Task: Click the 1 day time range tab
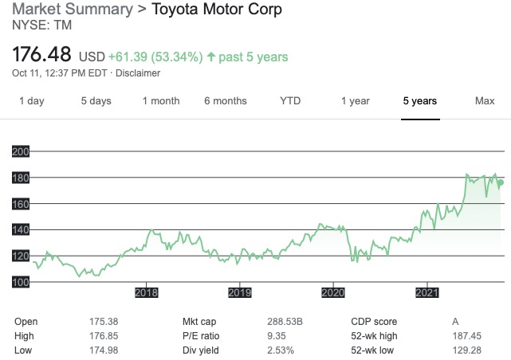(32, 101)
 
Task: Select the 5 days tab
(96, 101)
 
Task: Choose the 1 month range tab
(161, 101)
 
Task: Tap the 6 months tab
(226, 101)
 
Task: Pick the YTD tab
(290, 101)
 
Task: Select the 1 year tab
(355, 101)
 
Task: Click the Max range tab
(485, 101)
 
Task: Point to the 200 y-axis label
(21, 151)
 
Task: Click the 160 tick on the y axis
(21, 204)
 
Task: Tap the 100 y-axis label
(21, 282)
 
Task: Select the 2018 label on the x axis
(147, 293)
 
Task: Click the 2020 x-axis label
(333, 293)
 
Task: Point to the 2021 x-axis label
(427, 293)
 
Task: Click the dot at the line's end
(500, 183)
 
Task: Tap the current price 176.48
(44, 56)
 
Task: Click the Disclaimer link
(139, 73)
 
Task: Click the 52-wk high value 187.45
(467, 336)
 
